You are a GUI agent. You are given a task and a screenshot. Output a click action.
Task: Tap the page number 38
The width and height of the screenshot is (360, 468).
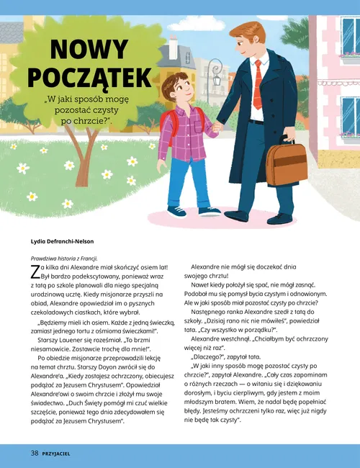tap(34, 454)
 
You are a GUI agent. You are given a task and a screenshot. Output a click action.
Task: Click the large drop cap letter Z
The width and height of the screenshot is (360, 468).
tap(35, 271)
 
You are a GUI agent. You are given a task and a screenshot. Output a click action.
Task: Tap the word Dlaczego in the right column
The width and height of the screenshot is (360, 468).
tap(215, 356)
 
